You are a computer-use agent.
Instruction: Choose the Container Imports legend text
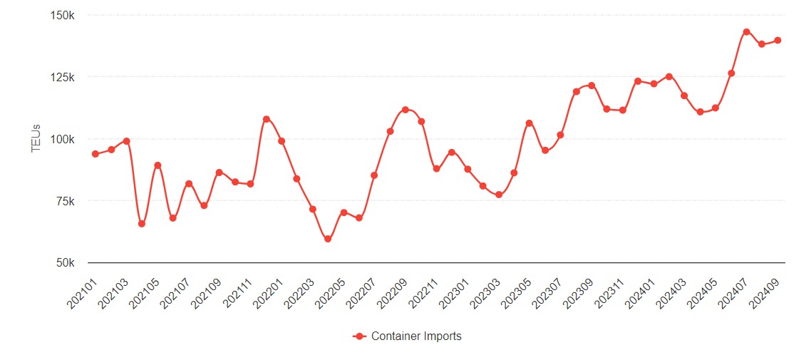coord(416,336)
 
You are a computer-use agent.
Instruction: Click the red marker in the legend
coord(360,336)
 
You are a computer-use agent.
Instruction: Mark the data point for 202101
coord(95,154)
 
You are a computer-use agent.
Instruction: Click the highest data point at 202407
coord(746,32)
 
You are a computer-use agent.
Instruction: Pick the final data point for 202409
coord(778,41)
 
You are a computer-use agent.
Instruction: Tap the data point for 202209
coord(405,110)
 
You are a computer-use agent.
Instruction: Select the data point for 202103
coord(126,141)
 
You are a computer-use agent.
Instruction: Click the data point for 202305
coord(530,123)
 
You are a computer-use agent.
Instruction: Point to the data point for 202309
coord(592,86)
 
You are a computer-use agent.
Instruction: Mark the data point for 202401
coord(638,81)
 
